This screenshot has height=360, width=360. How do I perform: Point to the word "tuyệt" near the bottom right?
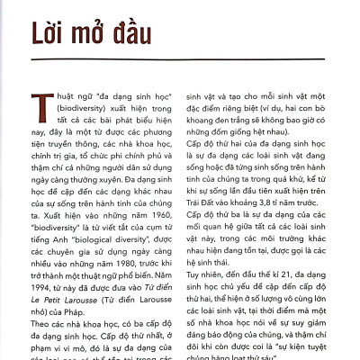click(317, 338)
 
